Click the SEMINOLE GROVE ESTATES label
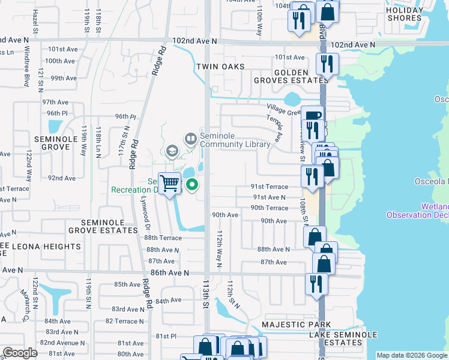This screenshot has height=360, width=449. (103, 226)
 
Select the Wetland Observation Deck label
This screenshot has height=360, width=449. (418, 211)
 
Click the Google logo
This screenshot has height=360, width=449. (19, 353)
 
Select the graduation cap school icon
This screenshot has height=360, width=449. (172, 151)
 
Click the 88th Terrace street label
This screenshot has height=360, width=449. (163, 238)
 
